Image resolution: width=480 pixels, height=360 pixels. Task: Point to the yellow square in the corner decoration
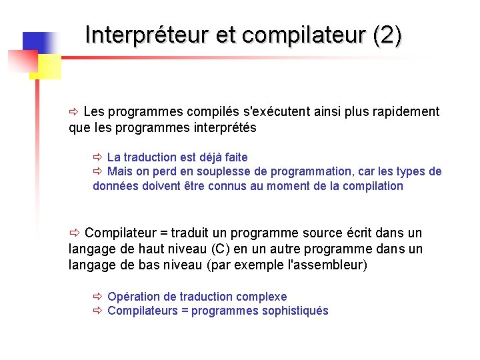[48, 67]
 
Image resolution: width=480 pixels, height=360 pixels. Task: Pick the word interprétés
[223, 127]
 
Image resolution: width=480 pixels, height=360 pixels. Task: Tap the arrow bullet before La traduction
[98, 157]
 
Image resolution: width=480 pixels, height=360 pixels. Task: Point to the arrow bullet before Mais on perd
[98, 172]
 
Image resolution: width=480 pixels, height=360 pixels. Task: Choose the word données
[115, 186]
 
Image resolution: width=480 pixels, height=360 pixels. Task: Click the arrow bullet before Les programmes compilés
[74, 111]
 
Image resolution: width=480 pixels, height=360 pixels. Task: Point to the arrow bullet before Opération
[98, 297]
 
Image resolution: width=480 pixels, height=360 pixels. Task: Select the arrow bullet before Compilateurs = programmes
[98, 311]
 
